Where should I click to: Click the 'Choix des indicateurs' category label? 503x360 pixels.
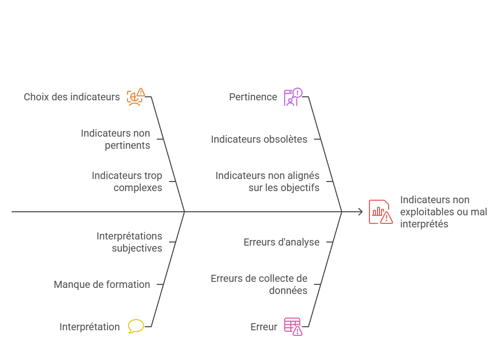pyautogui.click(x=72, y=97)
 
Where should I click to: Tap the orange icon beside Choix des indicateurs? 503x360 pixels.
pyautogui.click(x=135, y=96)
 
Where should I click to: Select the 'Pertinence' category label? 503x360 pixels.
pyautogui.click(x=253, y=97)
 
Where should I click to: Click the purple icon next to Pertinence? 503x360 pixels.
pyautogui.click(x=292, y=97)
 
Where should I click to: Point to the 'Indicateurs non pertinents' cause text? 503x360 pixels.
pyautogui.click(x=115, y=139)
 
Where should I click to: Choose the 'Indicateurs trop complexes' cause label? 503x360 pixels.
pyautogui.click(x=127, y=182)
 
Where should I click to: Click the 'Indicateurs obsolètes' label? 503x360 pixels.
pyautogui.click(x=259, y=139)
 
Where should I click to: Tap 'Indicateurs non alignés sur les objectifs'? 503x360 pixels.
pyautogui.click(x=268, y=182)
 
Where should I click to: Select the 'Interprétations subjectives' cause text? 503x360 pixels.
pyautogui.click(x=130, y=242)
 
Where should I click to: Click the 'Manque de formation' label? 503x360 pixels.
pyautogui.click(x=102, y=284)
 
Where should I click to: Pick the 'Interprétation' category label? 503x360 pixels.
pyautogui.click(x=90, y=327)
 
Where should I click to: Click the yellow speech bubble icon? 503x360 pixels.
pyautogui.click(x=136, y=326)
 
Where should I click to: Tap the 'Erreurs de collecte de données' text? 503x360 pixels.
pyautogui.click(x=259, y=284)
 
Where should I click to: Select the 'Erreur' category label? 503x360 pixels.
pyautogui.click(x=264, y=327)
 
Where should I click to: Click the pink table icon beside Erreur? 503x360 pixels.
pyautogui.click(x=292, y=326)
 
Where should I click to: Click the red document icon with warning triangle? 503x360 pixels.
pyautogui.click(x=380, y=212)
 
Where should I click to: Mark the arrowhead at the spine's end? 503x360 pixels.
pyautogui.click(x=360, y=212)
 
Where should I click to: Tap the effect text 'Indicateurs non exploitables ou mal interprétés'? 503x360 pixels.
pyautogui.click(x=443, y=212)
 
